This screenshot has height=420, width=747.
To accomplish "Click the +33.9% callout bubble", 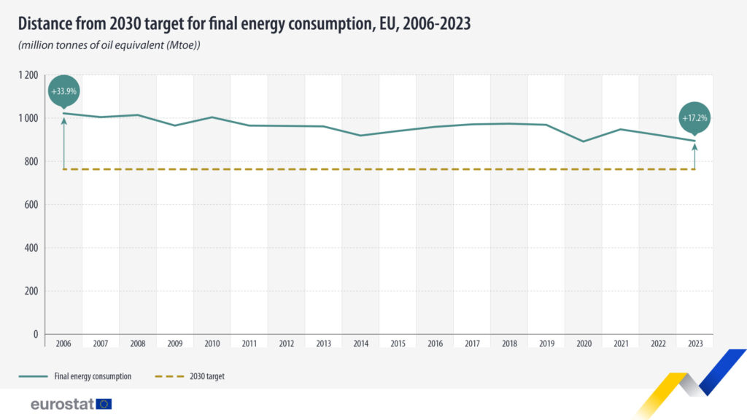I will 63,92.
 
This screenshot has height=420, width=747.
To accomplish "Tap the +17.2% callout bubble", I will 694,117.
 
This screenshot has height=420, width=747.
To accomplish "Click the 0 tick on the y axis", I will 34,334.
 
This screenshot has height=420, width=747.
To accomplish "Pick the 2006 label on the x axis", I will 63,343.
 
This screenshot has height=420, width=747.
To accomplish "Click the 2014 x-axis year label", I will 360,343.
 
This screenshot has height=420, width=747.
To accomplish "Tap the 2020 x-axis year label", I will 583,343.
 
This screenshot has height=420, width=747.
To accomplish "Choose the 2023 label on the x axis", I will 694,343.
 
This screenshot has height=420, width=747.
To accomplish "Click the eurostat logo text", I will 62,403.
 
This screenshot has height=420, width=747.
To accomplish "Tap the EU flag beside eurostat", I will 104,403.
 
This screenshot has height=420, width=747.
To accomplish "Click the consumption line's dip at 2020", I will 583,141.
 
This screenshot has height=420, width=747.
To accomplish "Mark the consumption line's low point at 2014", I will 360,136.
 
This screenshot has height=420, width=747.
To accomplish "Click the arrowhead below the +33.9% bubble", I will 63,120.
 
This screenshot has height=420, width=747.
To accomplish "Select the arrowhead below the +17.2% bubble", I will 694,147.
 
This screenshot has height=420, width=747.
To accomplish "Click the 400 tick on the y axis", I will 31,248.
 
